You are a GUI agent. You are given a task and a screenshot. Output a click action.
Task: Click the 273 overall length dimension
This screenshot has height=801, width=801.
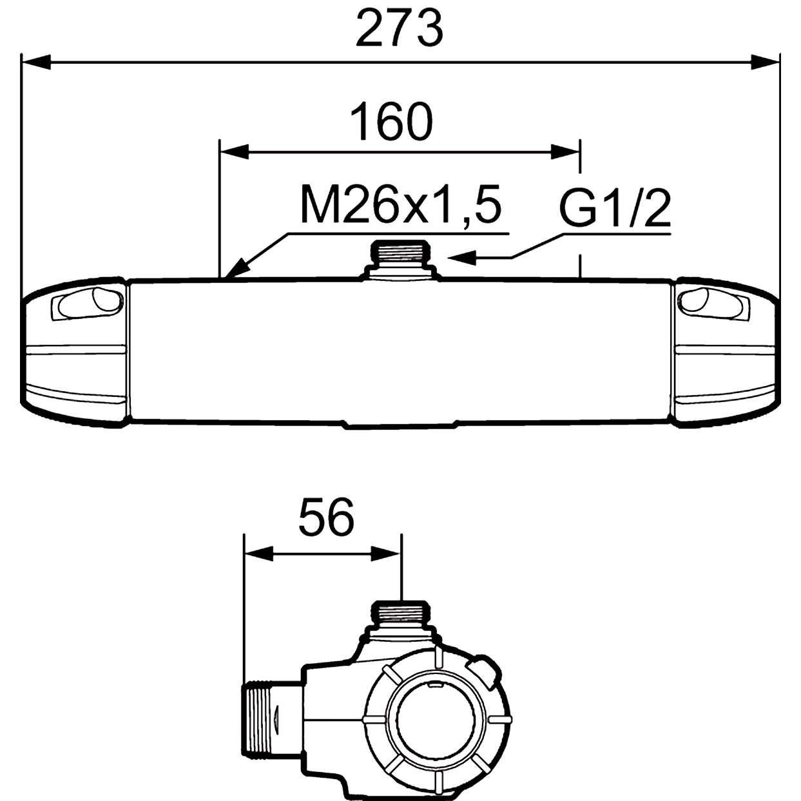pyautogui.click(x=400, y=30)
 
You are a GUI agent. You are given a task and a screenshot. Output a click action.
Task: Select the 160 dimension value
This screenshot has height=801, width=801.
pyautogui.click(x=391, y=122)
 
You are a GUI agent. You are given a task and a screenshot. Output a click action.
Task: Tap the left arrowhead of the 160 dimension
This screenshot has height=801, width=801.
pyautogui.click(x=235, y=151)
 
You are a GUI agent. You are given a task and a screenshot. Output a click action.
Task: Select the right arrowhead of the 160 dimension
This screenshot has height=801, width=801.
pyautogui.click(x=565, y=151)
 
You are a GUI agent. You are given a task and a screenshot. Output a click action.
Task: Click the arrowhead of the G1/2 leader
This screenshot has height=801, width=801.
pyautogui.click(x=461, y=258)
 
